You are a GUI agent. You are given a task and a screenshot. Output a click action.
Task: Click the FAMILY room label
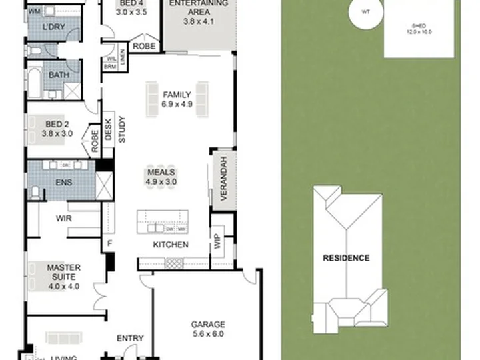177,95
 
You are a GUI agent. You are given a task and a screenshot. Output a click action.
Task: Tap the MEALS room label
162,172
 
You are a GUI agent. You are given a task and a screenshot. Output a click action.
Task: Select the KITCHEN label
171,245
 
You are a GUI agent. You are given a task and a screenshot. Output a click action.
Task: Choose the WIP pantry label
218,243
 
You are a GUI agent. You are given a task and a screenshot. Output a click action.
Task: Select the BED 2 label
57,124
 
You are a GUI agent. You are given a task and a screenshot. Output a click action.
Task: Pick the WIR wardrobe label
65,218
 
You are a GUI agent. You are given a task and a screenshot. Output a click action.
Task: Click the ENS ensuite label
63,182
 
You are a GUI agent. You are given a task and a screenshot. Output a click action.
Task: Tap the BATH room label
59,75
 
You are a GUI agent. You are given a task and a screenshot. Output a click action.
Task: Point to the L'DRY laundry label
53,27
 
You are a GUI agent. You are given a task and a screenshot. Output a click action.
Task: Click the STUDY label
122,130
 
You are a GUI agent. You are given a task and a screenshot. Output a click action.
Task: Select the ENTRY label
130,338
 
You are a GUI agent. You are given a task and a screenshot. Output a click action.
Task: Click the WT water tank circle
365,11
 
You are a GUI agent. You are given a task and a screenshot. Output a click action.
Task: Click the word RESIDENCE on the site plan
346,257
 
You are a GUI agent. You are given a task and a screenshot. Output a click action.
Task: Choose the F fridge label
108,244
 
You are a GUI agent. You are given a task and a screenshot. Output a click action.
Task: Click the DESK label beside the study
108,128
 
